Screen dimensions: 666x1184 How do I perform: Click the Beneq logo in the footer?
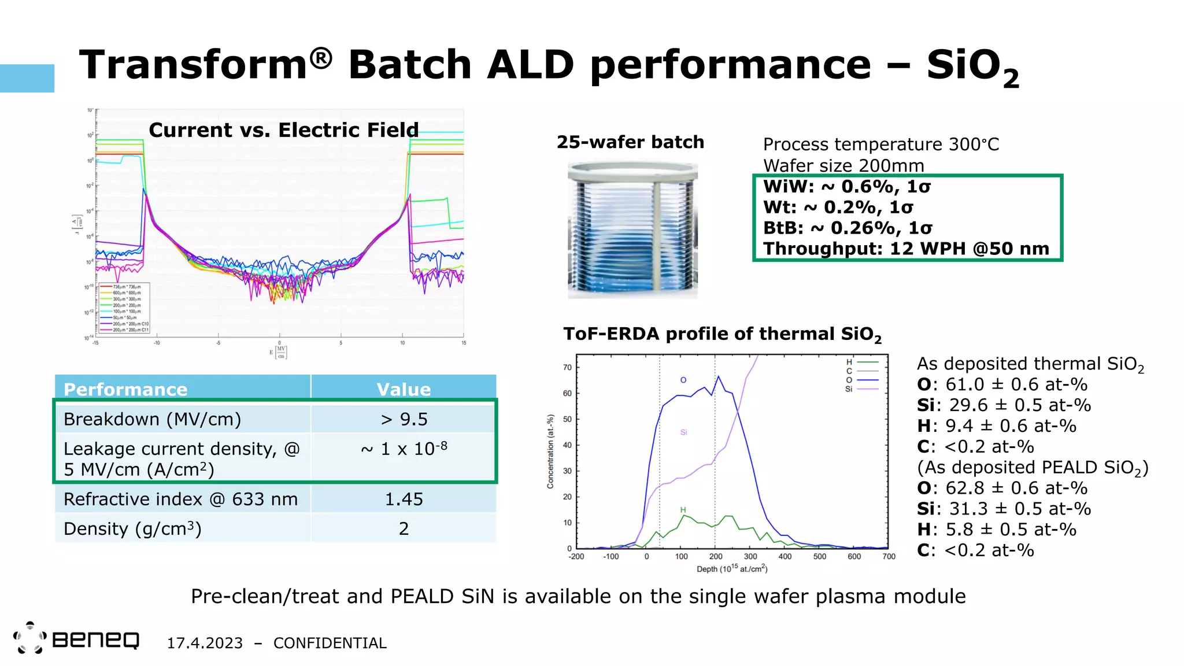(x=76, y=639)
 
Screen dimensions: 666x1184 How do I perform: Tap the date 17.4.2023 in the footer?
(x=205, y=643)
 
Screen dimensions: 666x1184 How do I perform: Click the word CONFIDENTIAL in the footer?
(x=330, y=643)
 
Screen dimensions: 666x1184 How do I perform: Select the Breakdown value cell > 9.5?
(x=404, y=419)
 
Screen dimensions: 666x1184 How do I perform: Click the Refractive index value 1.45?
(x=404, y=499)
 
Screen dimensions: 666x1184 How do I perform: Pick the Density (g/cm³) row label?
(x=132, y=528)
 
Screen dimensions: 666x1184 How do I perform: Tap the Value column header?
(x=404, y=389)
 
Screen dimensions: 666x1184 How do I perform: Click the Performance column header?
(x=125, y=389)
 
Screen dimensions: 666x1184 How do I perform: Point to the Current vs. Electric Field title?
(x=283, y=130)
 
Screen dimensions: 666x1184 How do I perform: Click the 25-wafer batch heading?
(x=630, y=142)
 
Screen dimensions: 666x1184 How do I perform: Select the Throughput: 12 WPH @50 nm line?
(x=906, y=249)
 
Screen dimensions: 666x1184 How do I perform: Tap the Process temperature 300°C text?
(x=880, y=145)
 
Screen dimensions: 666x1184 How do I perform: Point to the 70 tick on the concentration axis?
(x=567, y=367)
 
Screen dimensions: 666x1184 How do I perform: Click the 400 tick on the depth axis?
(x=785, y=556)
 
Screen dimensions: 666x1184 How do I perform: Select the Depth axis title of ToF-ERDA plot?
(x=732, y=569)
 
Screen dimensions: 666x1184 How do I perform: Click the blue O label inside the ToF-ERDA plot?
(x=683, y=380)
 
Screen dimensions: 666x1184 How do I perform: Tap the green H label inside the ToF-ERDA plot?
(x=683, y=510)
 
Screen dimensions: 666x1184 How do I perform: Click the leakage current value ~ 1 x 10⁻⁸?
(x=404, y=449)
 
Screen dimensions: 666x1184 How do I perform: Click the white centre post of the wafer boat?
(x=657, y=237)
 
